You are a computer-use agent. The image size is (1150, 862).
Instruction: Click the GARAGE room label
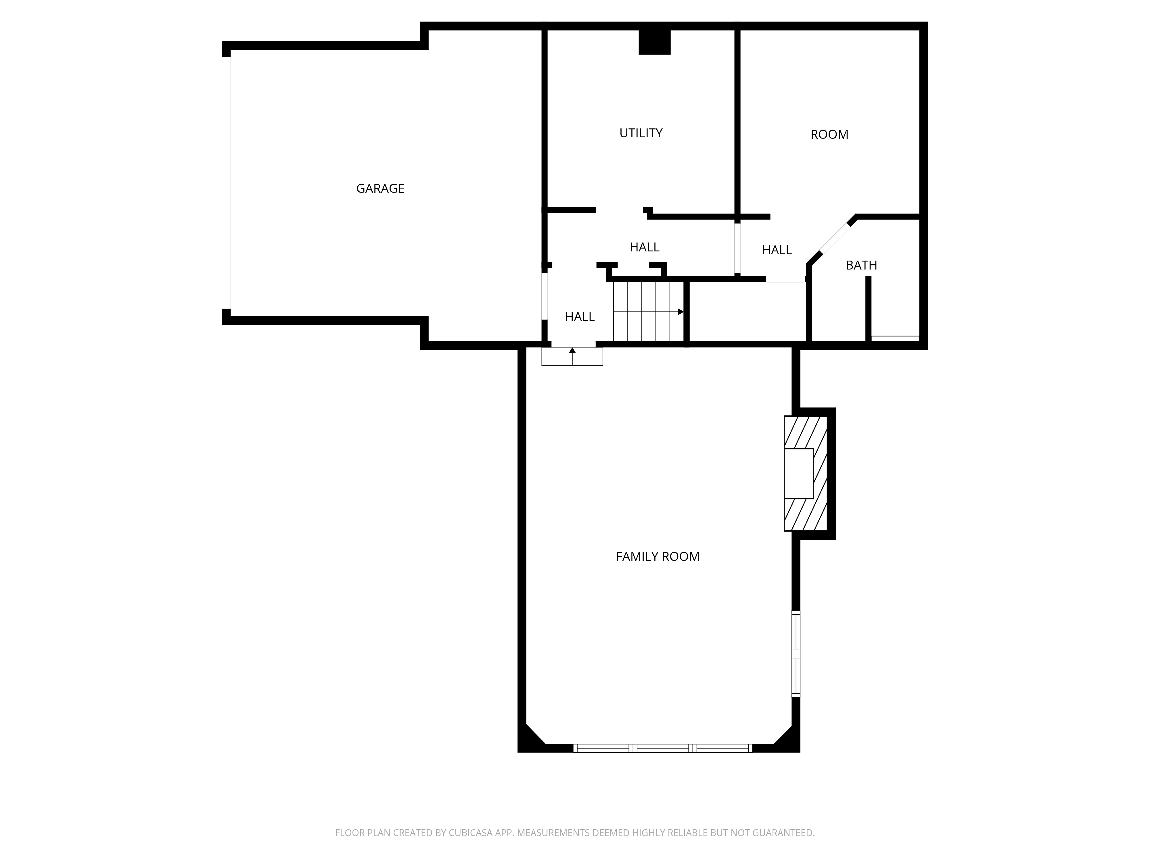click(380, 188)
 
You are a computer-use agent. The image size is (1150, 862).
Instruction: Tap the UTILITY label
click(641, 133)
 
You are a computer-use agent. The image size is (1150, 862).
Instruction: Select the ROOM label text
click(829, 134)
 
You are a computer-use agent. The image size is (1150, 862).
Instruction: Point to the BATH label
click(861, 265)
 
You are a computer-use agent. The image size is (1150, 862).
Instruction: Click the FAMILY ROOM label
click(657, 557)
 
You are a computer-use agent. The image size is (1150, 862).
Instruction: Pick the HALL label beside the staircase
click(579, 316)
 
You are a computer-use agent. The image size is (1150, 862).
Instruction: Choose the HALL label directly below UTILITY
click(644, 247)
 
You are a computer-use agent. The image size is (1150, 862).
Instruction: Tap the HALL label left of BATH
click(776, 251)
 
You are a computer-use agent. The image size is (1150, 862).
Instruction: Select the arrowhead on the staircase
click(681, 312)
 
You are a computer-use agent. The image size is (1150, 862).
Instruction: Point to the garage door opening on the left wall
click(226, 182)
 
